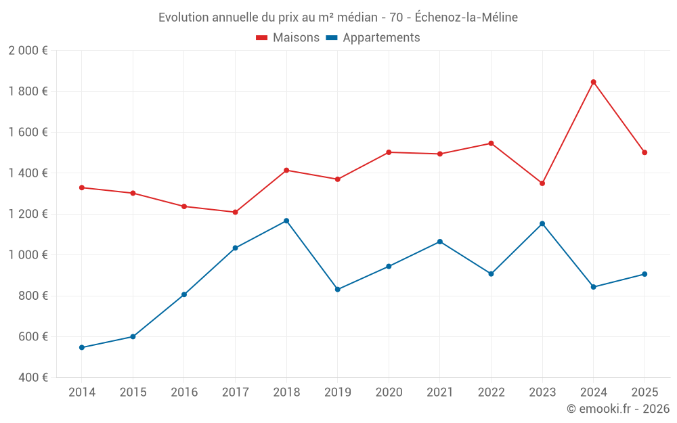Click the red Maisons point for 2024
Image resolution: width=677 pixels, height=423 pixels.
[593, 82]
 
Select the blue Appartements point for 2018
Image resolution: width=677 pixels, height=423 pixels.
[286, 221]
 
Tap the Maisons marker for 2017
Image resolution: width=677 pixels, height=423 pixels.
[235, 213]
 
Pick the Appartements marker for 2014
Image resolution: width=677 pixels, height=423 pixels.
[82, 347]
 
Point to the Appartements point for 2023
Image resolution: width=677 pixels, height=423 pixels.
[542, 223]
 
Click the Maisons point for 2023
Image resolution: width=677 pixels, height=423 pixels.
[542, 183]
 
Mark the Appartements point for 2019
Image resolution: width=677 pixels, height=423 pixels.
[338, 290]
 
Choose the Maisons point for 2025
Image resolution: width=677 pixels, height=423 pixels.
[645, 152]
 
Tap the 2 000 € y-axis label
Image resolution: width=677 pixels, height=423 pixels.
[28, 51]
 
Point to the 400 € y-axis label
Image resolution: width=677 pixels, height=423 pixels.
[32, 378]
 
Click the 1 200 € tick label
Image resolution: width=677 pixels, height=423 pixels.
[28, 214]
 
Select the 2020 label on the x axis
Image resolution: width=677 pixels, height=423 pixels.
[389, 393]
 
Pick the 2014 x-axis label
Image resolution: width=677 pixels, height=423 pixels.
[82, 393]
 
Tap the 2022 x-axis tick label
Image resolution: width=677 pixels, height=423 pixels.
[491, 393]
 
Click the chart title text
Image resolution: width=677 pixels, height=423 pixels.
[338, 18]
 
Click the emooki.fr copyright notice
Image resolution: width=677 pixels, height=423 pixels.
[617, 409]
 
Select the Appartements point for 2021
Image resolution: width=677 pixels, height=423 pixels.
[440, 242]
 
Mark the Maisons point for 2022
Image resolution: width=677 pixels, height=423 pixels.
[491, 143]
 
